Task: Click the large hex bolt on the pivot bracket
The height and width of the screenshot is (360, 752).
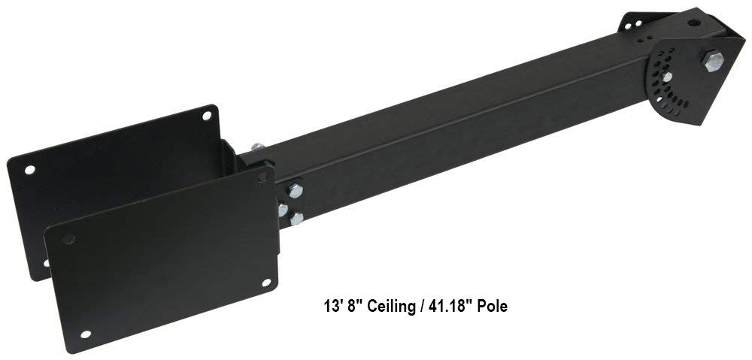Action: click(713, 61)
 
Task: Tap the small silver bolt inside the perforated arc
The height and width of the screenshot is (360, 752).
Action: click(666, 77)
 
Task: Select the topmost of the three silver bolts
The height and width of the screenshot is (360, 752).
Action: click(296, 191)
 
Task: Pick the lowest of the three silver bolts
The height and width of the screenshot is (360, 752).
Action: click(297, 219)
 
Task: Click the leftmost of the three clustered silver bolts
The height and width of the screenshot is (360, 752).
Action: click(283, 210)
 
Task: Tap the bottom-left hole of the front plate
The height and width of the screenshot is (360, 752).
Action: click(86, 334)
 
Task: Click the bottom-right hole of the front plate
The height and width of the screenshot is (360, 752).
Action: click(266, 283)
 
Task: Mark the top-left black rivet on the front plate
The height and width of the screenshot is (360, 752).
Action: click(69, 239)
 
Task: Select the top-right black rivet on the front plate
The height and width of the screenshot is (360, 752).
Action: click(262, 178)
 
